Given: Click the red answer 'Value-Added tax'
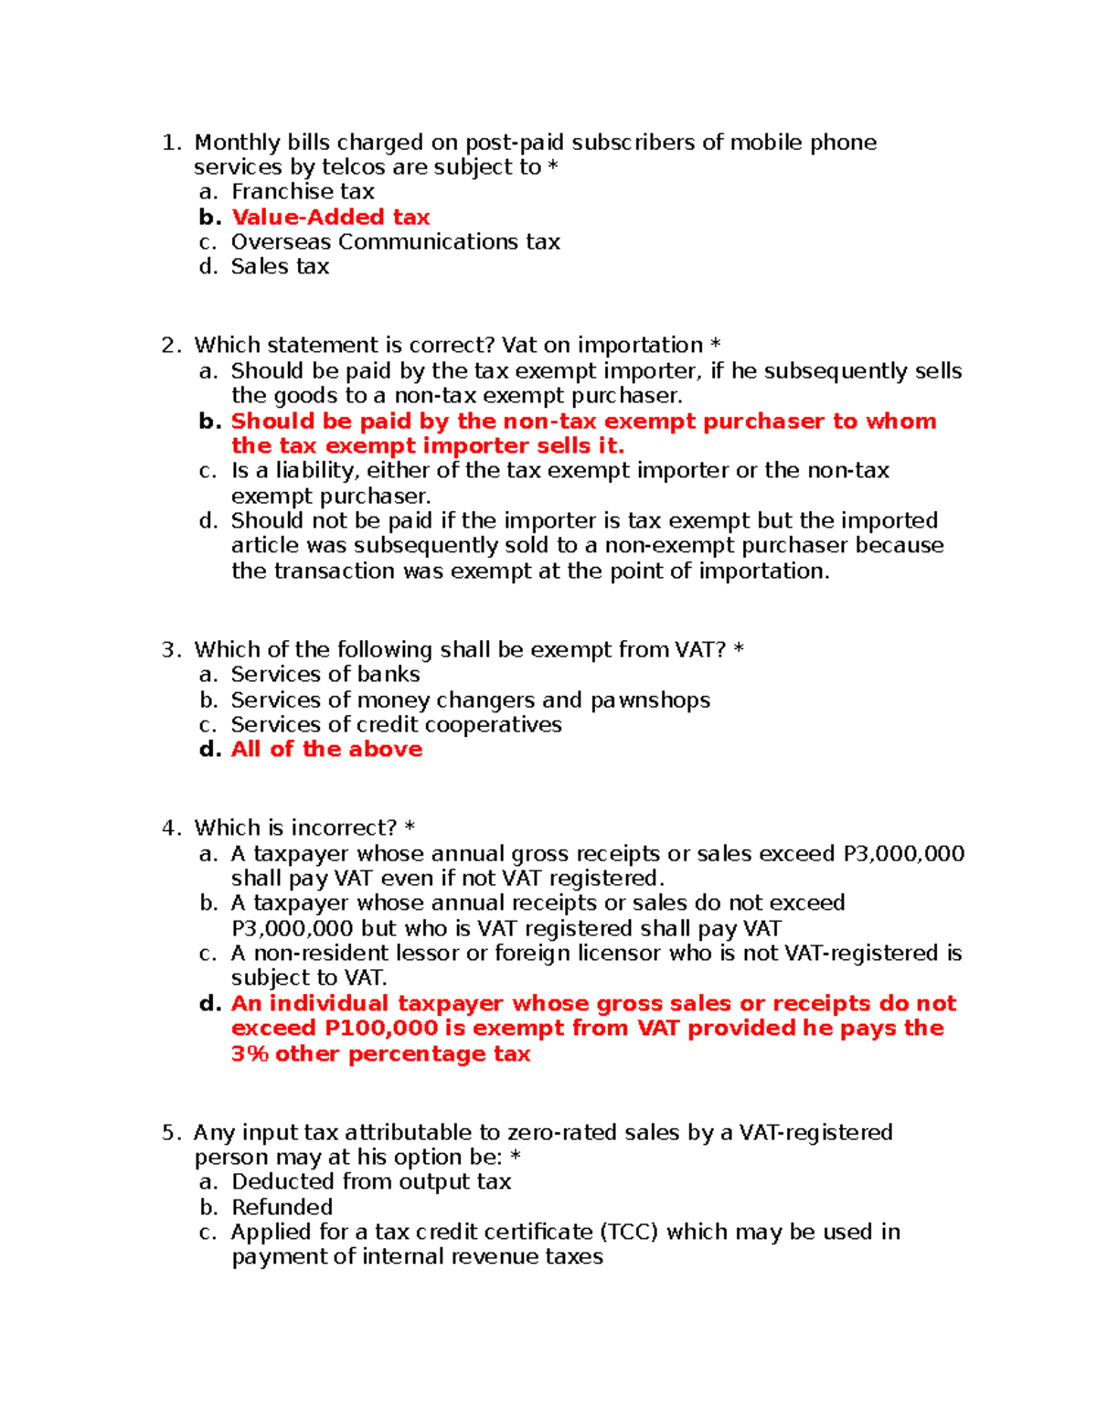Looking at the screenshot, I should pos(330,218).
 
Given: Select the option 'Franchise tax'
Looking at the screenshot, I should pos(303,192).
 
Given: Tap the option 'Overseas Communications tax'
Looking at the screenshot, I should pos(395,242).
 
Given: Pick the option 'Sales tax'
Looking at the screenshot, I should pos(280,267).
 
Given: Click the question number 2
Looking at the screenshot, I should pos(169,346).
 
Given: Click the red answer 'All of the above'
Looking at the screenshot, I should pos(326,750).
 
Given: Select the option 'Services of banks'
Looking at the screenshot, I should pos(325,675).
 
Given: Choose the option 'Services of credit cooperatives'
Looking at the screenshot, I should pos(396,725).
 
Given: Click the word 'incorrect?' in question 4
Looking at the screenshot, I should pos(344,828).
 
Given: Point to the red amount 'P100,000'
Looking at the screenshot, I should pos(381,1029).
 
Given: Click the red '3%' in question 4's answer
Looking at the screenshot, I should pos(250,1054).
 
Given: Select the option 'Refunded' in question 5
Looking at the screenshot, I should pos(282,1207).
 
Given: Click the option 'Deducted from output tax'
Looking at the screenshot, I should pos(371,1182).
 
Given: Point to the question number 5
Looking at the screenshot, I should pos(169,1133).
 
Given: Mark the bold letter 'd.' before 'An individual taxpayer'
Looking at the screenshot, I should pos(210,1004).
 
